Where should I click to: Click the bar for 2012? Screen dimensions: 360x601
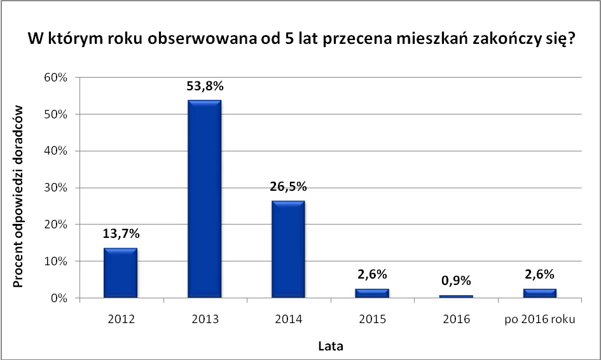click(121, 273)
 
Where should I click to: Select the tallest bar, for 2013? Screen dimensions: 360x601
click(204, 198)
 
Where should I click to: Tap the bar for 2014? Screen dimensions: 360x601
click(288, 249)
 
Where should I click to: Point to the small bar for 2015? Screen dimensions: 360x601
click(372, 293)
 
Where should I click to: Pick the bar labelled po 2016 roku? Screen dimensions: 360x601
click(539, 293)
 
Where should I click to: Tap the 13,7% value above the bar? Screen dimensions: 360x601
click(121, 233)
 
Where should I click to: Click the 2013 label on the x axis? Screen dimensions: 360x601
click(205, 319)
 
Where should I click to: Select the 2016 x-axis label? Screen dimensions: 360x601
click(455, 319)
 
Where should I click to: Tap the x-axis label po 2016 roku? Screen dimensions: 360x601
click(539, 319)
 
